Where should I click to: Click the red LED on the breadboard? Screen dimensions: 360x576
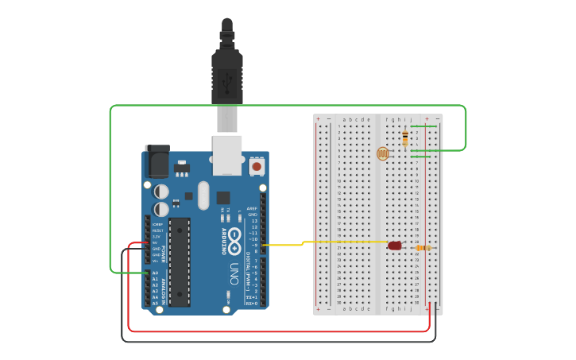click(x=395, y=246)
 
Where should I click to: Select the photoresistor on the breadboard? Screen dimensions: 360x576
click(x=382, y=153)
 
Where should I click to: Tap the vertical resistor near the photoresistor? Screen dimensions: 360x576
click(x=406, y=137)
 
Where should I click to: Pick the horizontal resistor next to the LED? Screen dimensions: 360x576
click(x=423, y=248)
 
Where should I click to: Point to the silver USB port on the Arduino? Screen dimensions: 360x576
click(x=227, y=154)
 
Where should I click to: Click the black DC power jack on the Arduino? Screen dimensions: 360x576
click(x=157, y=162)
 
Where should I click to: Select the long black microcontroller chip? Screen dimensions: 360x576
click(x=180, y=261)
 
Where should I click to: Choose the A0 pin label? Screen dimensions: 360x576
click(x=155, y=273)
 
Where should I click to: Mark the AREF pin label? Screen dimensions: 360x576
click(x=253, y=208)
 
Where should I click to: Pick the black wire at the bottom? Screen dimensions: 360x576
click(x=278, y=342)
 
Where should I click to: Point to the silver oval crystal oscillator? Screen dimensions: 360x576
click(x=203, y=195)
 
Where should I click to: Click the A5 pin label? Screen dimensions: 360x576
click(x=155, y=304)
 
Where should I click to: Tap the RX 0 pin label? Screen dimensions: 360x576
click(x=251, y=304)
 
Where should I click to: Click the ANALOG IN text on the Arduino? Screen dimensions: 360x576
click(x=164, y=288)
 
